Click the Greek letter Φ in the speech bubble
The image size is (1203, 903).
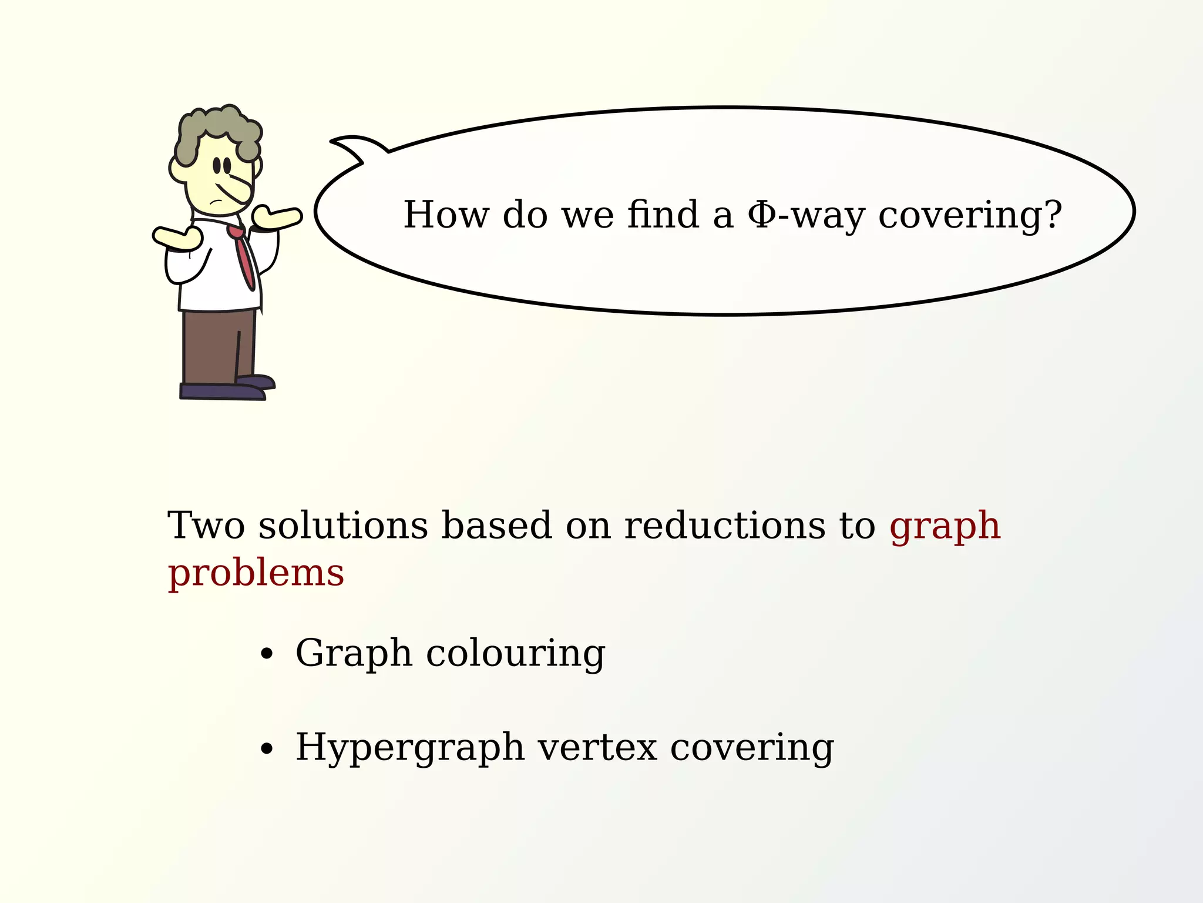(761, 215)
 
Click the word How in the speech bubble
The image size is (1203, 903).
(446, 215)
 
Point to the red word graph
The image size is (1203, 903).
(945, 527)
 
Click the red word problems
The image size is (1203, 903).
(256, 574)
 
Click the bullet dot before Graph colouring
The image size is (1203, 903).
(267, 654)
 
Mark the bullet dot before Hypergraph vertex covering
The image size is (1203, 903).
(267, 748)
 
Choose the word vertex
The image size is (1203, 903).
(597, 748)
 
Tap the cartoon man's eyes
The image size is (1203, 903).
(221, 165)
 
